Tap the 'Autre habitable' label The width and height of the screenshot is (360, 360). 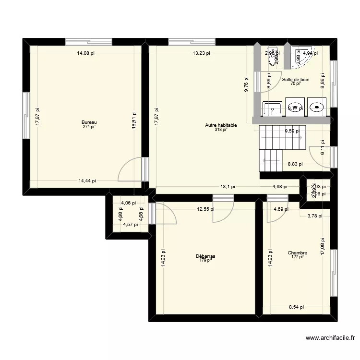click(x=221, y=125)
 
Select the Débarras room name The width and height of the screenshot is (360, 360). click(x=205, y=256)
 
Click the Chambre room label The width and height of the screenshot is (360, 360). click(x=297, y=253)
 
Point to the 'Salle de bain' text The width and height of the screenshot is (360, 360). click(x=295, y=80)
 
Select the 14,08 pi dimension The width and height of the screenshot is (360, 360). click(x=86, y=53)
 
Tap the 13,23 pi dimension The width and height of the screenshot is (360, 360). click(x=201, y=53)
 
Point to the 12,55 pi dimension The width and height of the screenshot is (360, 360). click(x=205, y=209)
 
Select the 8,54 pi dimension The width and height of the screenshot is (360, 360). click(x=296, y=307)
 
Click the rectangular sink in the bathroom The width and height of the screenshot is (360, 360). click(x=273, y=108)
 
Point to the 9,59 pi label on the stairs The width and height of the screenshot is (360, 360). click(x=292, y=131)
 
